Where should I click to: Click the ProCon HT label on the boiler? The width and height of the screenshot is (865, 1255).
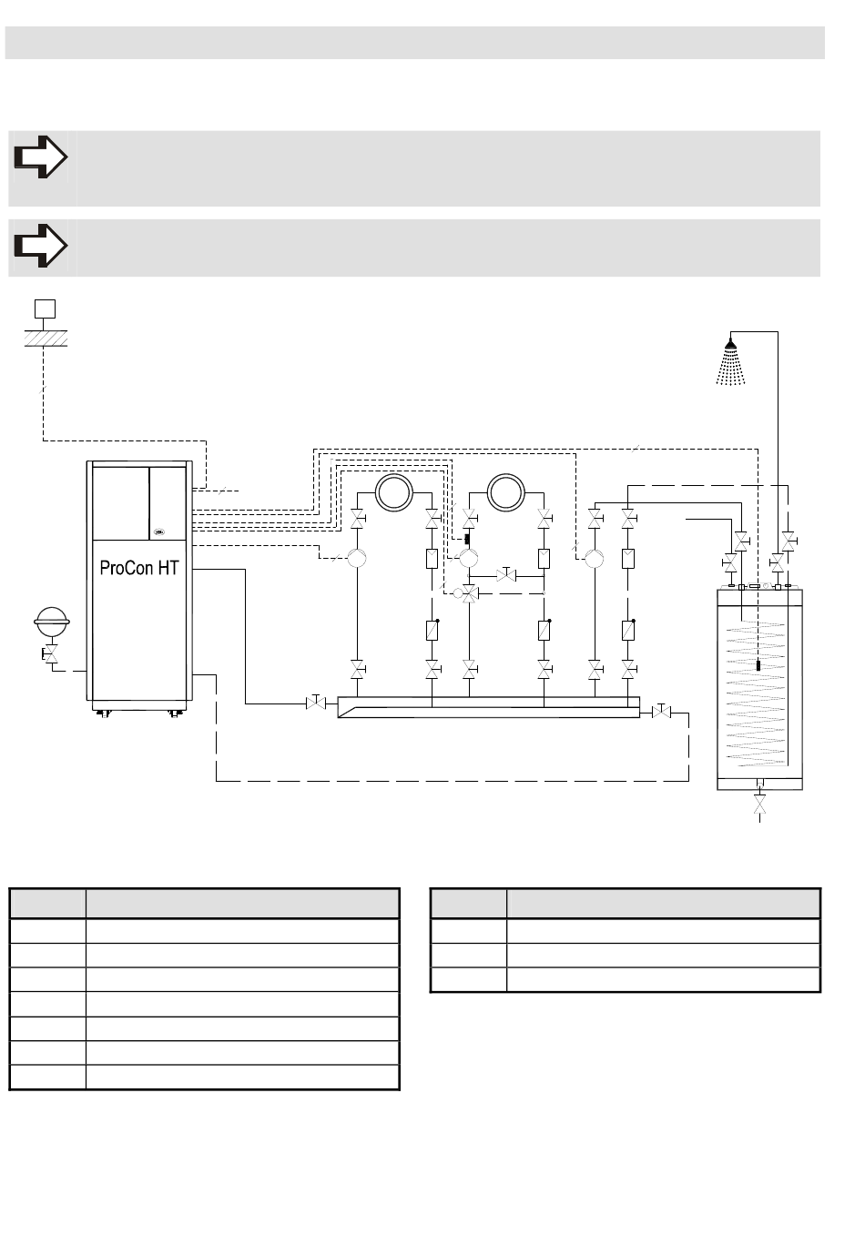(138, 568)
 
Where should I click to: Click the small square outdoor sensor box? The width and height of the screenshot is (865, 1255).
(45, 309)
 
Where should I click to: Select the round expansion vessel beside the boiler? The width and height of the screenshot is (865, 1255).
(52, 622)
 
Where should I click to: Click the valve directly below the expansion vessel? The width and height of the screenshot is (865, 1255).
(51, 654)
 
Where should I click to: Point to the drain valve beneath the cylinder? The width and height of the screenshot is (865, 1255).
(759, 804)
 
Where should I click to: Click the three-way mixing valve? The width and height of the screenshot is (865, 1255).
(469, 593)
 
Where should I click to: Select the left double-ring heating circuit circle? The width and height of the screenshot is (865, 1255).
(393, 492)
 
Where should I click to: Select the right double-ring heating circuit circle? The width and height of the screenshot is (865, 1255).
(505, 492)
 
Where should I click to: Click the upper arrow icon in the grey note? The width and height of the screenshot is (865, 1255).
(40, 157)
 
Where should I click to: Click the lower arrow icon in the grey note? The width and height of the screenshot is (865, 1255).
(40, 246)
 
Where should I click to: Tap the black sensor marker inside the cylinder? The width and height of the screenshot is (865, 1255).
(758, 665)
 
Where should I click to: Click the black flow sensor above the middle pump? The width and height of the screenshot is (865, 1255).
(467, 539)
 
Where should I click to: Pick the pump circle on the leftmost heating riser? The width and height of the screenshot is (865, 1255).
(357, 558)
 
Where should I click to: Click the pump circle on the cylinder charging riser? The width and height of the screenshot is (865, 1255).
(595, 558)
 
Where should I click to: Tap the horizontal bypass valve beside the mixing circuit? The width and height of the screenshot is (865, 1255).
(506, 575)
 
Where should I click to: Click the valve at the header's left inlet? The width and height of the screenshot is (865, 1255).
(316, 703)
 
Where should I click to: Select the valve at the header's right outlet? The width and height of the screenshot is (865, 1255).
(662, 712)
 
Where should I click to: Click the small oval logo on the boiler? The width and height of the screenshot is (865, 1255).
(159, 532)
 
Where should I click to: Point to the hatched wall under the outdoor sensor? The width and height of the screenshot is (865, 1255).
(46, 339)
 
